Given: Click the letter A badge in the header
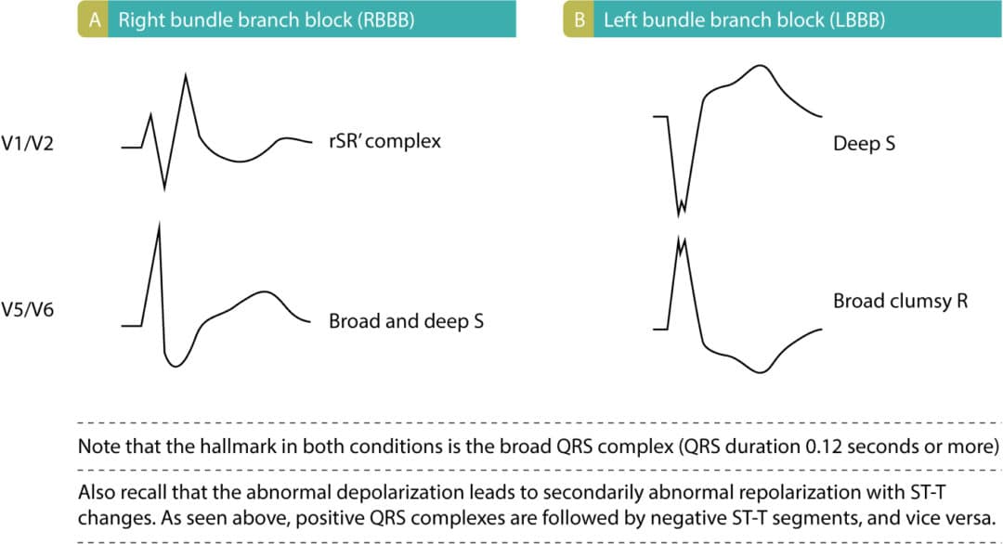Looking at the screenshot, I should click(93, 19).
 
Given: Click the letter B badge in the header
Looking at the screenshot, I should click(579, 19).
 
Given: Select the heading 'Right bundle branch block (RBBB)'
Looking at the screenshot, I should click(254, 19).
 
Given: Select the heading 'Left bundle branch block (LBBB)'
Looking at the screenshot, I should click(730, 19).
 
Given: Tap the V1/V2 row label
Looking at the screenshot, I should click(28, 145).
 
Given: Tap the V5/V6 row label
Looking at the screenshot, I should click(28, 309).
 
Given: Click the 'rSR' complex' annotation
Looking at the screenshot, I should click(384, 142).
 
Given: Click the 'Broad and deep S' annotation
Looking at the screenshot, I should click(406, 321).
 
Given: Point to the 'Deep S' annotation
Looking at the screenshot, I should click(864, 144).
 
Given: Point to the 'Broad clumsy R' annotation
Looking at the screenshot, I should click(900, 301).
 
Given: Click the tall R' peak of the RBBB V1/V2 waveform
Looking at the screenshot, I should click(187, 74).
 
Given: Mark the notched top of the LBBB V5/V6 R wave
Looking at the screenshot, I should click(682, 243).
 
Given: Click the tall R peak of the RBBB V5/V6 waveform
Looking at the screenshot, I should click(160, 226).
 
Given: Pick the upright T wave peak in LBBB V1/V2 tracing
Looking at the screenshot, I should click(761, 66).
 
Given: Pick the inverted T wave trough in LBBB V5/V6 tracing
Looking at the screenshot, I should click(761, 372).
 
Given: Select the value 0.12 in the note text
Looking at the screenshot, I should click(829, 446).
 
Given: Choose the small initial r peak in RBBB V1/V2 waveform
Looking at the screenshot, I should click(151, 114).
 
